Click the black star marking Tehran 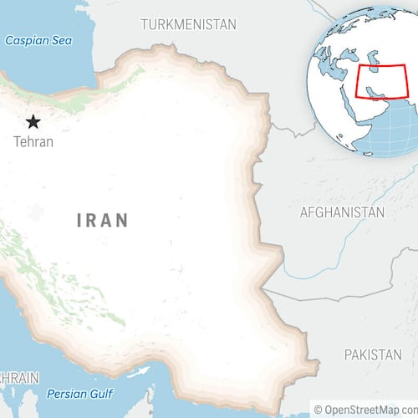[33, 122]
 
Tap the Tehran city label [33, 141]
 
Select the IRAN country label [103, 221]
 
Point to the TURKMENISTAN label [188, 23]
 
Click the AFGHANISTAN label [342, 212]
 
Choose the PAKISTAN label [373, 355]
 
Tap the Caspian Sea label [38, 40]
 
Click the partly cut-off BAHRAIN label [18, 378]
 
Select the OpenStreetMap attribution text [365, 409]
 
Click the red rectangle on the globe [382, 81]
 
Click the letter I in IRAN [79, 221]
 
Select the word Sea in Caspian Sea [60, 40]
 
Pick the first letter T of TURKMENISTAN [145, 23]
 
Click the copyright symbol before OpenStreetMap [318, 409]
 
